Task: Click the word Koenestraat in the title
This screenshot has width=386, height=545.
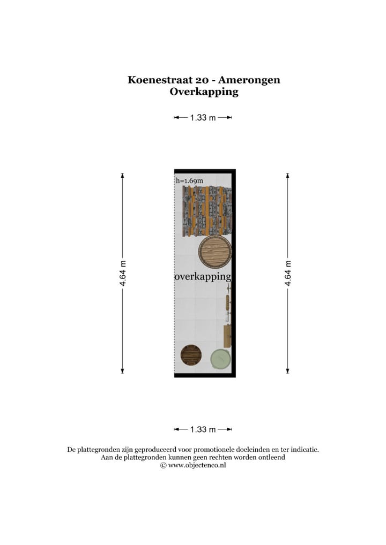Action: point(152,80)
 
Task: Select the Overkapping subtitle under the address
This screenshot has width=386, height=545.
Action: point(204,92)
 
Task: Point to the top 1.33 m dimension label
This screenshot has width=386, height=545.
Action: point(203,118)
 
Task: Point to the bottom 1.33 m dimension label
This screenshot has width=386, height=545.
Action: point(203,429)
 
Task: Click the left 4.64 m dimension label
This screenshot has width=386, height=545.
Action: point(123,273)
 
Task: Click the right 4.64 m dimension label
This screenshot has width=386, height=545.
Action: point(288,273)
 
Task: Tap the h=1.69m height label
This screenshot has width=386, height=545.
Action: point(190,181)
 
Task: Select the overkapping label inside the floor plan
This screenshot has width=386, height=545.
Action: point(203,277)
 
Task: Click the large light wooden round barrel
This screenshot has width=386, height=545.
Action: point(214,251)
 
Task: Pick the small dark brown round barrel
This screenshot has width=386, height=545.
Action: point(191,354)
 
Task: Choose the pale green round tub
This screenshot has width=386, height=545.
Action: point(220,359)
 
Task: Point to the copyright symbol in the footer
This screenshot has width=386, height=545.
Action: point(163,466)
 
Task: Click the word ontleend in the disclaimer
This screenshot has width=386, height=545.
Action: point(270,458)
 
